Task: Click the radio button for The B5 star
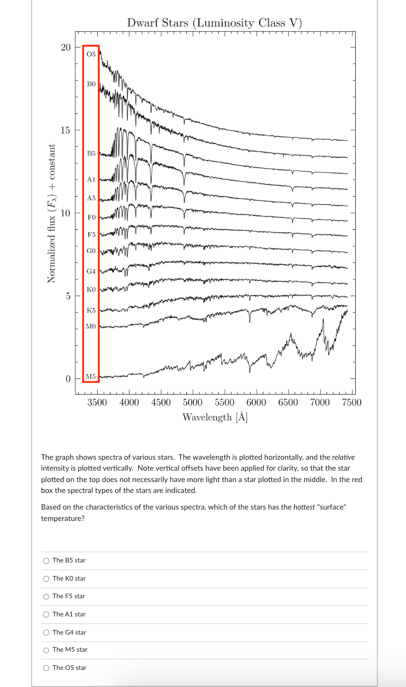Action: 47,560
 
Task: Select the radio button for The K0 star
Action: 47,578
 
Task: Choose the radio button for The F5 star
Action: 47,596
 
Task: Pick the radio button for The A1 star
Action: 47,614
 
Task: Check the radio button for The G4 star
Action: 47,632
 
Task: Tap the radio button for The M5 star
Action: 47,650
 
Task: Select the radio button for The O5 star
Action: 47,668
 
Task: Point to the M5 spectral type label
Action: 91,376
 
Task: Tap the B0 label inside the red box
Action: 91,84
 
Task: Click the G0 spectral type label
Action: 91,250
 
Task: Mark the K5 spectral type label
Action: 91,310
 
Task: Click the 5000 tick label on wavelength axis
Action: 193,403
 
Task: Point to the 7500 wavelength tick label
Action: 352,403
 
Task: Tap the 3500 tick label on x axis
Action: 97,403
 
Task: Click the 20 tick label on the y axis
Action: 65,47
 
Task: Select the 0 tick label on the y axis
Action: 67,379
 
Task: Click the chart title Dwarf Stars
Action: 214,23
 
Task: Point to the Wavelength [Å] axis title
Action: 214,417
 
